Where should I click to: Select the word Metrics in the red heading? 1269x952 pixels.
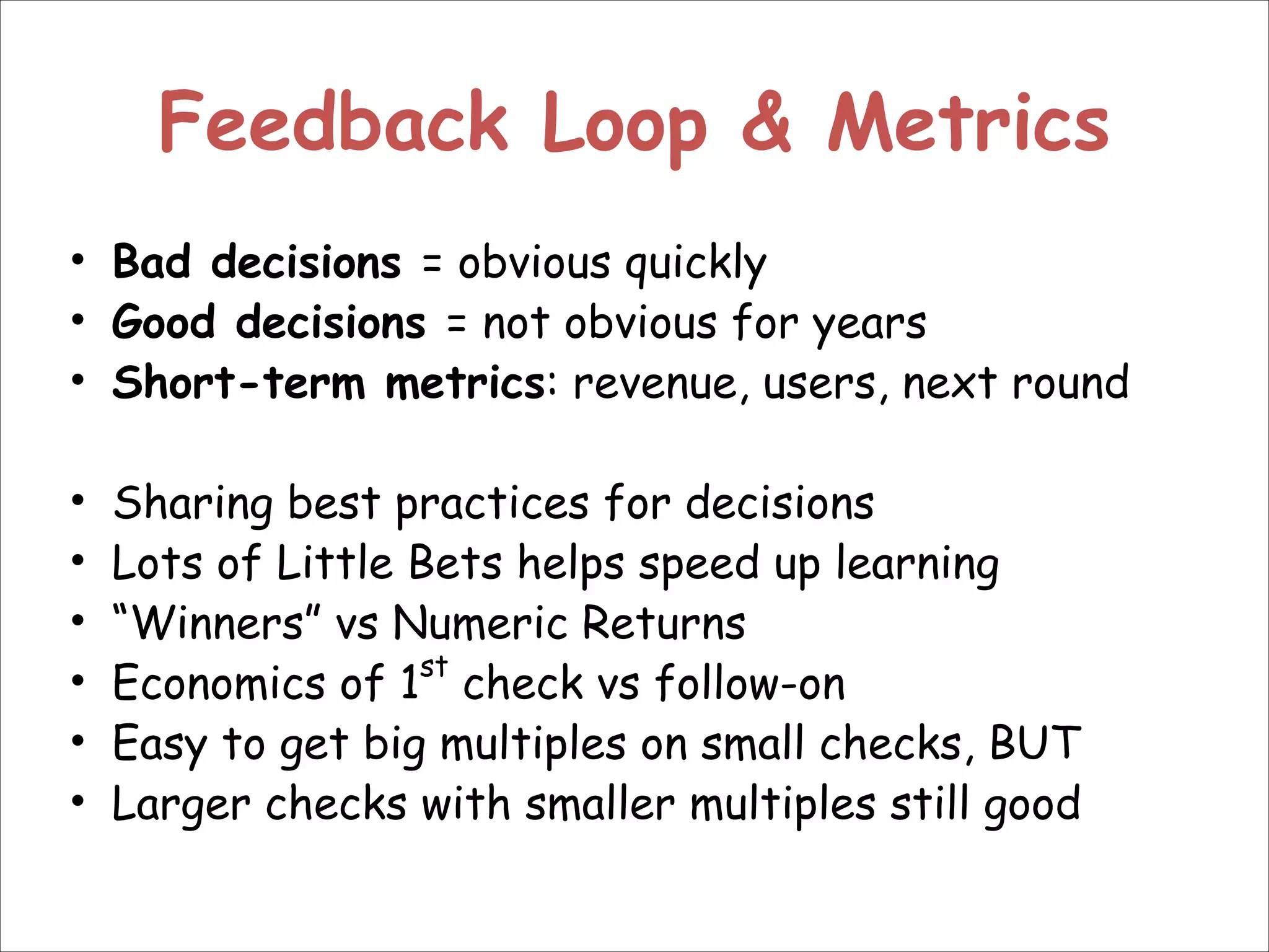point(968,123)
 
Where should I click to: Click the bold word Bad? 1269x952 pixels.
point(151,262)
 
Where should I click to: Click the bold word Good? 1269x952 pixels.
point(164,323)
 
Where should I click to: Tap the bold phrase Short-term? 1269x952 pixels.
point(239,382)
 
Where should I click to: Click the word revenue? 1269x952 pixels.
point(656,384)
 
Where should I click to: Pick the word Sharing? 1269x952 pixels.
point(193,504)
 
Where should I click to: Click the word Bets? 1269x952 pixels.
point(455,563)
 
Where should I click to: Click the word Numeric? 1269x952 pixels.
point(480,623)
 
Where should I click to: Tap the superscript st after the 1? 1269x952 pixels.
point(433,668)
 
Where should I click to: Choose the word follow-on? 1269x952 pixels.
point(750,684)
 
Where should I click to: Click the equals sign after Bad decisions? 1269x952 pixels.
point(431,264)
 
